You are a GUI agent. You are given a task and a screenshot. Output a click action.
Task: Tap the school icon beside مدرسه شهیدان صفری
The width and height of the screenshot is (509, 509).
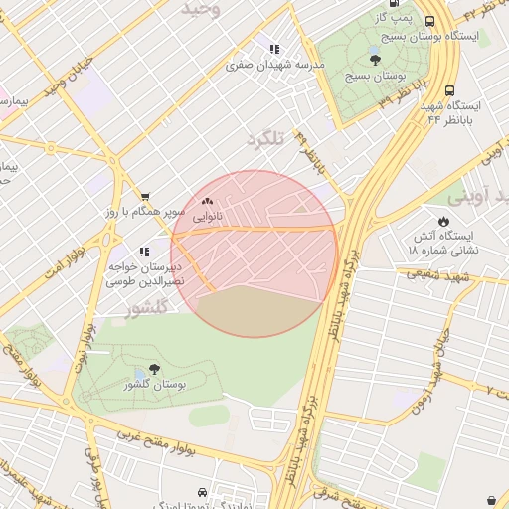click(274, 49)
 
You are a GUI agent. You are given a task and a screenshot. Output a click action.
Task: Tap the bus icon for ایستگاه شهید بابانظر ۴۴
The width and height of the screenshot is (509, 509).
click(450, 89)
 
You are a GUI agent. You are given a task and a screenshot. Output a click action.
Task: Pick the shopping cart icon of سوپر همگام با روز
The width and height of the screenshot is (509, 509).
click(146, 197)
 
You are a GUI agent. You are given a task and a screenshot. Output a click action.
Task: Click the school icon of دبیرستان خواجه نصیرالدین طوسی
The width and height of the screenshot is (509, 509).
click(144, 253)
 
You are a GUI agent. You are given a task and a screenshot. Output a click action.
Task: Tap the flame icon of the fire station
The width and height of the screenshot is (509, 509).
click(443, 221)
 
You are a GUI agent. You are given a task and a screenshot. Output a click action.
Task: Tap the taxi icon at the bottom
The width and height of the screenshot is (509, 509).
click(203, 492)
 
